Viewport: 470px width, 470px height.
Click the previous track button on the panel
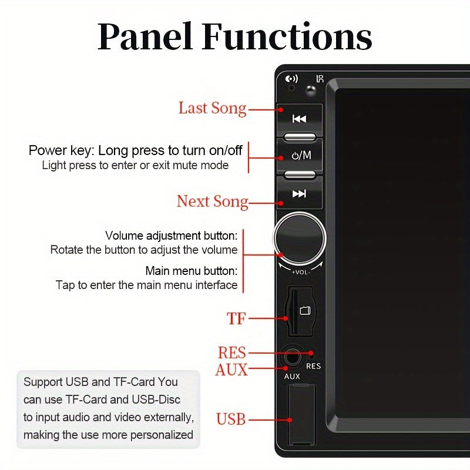[x=300, y=119]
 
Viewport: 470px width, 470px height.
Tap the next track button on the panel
[x=300, y=194]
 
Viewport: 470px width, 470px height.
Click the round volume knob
[x=300, y=238]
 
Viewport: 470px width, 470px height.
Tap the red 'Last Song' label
[x=212, y=109]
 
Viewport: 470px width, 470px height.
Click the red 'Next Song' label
[x=212, y=202]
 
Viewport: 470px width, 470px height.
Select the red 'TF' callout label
[x=236, y=319]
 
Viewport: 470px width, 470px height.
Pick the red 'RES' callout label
[x=231, y=353]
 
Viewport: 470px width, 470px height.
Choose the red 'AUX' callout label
[x=231, y=370]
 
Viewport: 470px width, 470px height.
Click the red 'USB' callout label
[x=231, y=419]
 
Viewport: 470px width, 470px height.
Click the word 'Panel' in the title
[x=146, y=37]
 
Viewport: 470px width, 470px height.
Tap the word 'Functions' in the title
[x=287, y=37]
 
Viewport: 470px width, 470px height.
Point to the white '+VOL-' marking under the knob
[x=300, y=271]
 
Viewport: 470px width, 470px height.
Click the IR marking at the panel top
[x=320, y=79]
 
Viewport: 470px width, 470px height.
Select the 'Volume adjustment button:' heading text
[x=172, y=236]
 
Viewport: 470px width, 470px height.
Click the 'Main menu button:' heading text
[x=192, y=271]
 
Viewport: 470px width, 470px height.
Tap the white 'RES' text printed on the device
[x=314, y=366]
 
